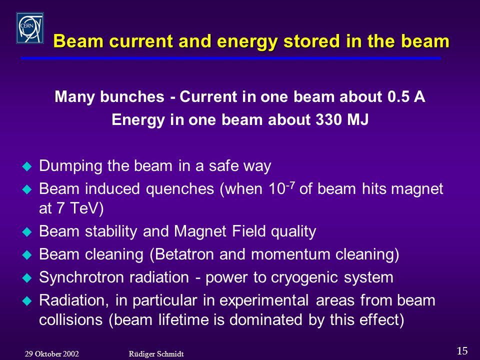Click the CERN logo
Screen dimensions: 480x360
(x=30, y=28)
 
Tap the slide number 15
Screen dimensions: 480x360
(x=462, y=350)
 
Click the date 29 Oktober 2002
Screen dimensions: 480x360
(x=51, y=354)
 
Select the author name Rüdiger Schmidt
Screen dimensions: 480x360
(x=156, y=354)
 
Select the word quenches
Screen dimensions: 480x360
(x=179, y=189)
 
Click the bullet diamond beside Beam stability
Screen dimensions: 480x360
(x=27, y=231)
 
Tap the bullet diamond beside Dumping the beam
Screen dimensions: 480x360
(x=27, y=166)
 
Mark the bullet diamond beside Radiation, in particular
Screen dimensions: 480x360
(x=27, y=301)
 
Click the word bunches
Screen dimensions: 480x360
(x=132, y=96)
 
